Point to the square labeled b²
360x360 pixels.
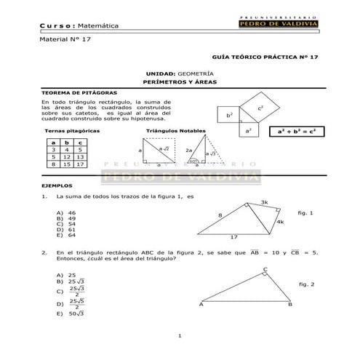click(x=229, y=115)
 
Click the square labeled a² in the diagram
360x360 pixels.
click(x=248, y=130)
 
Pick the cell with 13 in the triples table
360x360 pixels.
click(x=80, y=156)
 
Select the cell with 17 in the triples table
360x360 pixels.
click(x=80, y=164)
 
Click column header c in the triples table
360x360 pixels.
click(x=80, y=142)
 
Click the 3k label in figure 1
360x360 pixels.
click(x=264, y=202)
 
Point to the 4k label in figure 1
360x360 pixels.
click(x=279, y=222)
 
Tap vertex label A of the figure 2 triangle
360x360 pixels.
click(x=200, y=305)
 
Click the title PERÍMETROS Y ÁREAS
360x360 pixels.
click(x=179, y=83)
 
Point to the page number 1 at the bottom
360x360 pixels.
click(x=179, y=335)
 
